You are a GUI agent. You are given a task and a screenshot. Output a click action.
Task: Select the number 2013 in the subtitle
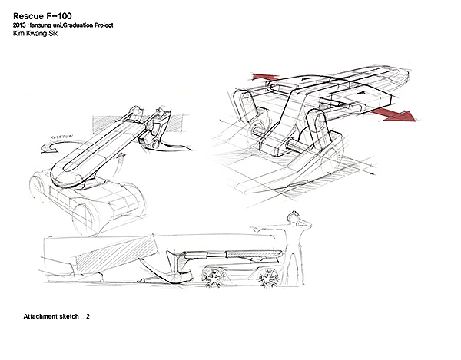(x=24, y=27)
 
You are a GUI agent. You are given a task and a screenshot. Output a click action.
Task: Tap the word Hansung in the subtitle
(x=51, y=27)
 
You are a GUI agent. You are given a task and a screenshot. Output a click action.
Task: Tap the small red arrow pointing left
(x=264, y=78)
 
